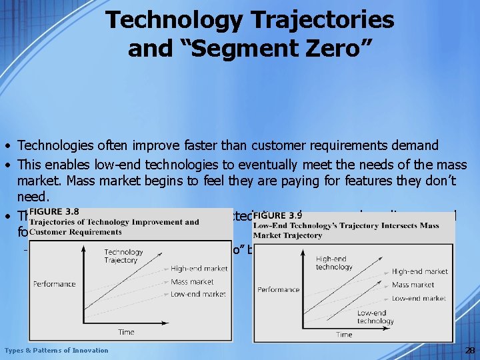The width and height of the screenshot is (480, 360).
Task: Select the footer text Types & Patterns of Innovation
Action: point(56,350)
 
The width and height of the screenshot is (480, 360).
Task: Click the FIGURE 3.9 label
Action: point(279,216)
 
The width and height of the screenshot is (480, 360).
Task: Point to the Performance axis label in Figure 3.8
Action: point(55,283)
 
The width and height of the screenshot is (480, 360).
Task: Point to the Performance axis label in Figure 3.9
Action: point(279,289)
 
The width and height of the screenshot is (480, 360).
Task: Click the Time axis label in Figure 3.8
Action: point(126,331)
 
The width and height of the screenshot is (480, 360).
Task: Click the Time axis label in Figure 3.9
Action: point(344,334)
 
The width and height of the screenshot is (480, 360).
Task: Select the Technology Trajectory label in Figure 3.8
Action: point(123,256)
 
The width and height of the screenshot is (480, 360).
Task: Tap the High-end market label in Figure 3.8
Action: point(198,269)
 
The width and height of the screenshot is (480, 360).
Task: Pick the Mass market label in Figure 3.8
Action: point(192,281)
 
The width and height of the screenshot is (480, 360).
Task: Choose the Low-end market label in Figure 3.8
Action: point(198,294)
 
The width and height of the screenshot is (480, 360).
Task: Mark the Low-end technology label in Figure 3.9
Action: point(375,317)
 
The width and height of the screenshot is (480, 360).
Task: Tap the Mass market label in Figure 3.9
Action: point(413,285)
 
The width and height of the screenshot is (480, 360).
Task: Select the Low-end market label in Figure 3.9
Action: point(419,298)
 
